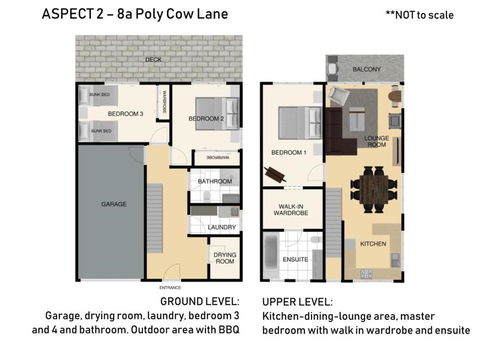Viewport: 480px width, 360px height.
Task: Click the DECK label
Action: click(152, 59)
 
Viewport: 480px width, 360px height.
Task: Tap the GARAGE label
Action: click(113, 204)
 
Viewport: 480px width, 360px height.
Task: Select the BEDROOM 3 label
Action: click(127, 114)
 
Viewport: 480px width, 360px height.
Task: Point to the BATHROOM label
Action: click(214, 181)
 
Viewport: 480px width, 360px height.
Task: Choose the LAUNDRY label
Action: click(222, 227)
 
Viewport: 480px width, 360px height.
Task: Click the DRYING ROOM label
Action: click(224, 257)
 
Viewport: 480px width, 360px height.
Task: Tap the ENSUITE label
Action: click(296, 258)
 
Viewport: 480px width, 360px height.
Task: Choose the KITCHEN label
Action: click(372, 243)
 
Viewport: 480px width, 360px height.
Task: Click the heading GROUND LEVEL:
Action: click(199, 300)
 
